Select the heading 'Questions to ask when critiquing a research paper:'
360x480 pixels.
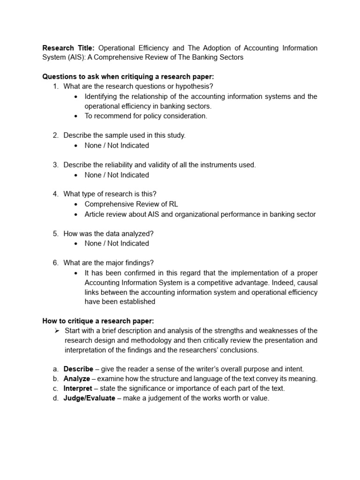[128, 76]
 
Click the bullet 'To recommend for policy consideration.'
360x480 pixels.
[145, 116]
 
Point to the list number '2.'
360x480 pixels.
[55, 135]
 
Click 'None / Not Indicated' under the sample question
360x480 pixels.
[117, 145]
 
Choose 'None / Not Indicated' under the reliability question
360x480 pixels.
[117, 175]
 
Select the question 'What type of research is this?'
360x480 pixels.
[110, 194]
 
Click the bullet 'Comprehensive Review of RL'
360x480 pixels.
[131, 204]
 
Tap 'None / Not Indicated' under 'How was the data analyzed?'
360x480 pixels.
[117, 243]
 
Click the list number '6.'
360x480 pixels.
[55, 262]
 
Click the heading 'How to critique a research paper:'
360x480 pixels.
[98, 321]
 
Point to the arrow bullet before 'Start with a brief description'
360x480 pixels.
[57, 331]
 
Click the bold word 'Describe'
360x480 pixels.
[78, 369]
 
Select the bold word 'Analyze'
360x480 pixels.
[77, 379]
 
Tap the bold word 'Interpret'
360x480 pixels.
[78, 389]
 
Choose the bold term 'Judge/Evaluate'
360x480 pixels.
[89, 398]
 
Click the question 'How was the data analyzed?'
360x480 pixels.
[108, 233]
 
